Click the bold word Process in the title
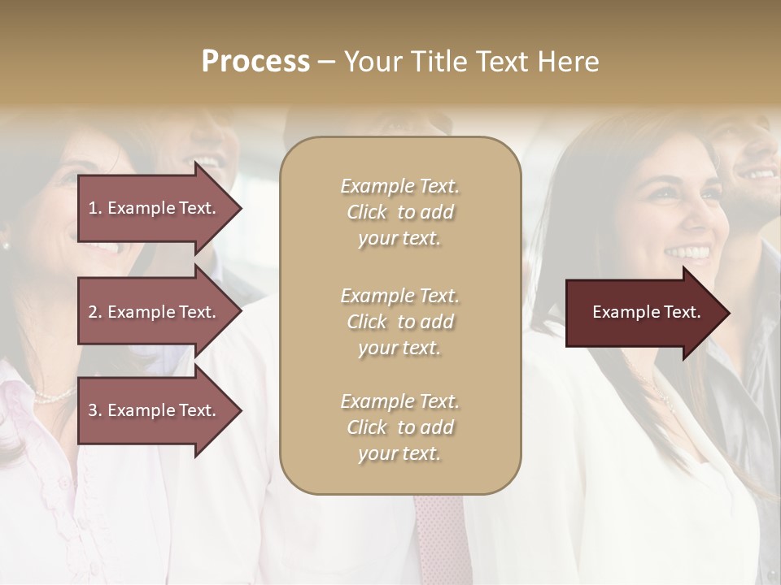(x=255, y=62)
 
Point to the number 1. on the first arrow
(x=94, y=208)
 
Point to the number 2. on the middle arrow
(x=94, y=312)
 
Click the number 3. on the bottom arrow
(x=94, y=410)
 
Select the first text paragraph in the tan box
(x=399, y=212)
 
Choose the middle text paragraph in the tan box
(x=399, y=322)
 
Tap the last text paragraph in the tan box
(x=399, y=427)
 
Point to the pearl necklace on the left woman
(x=54, y=396)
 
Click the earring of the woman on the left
(x=5, y=245)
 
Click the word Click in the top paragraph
(x=367, y=212)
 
